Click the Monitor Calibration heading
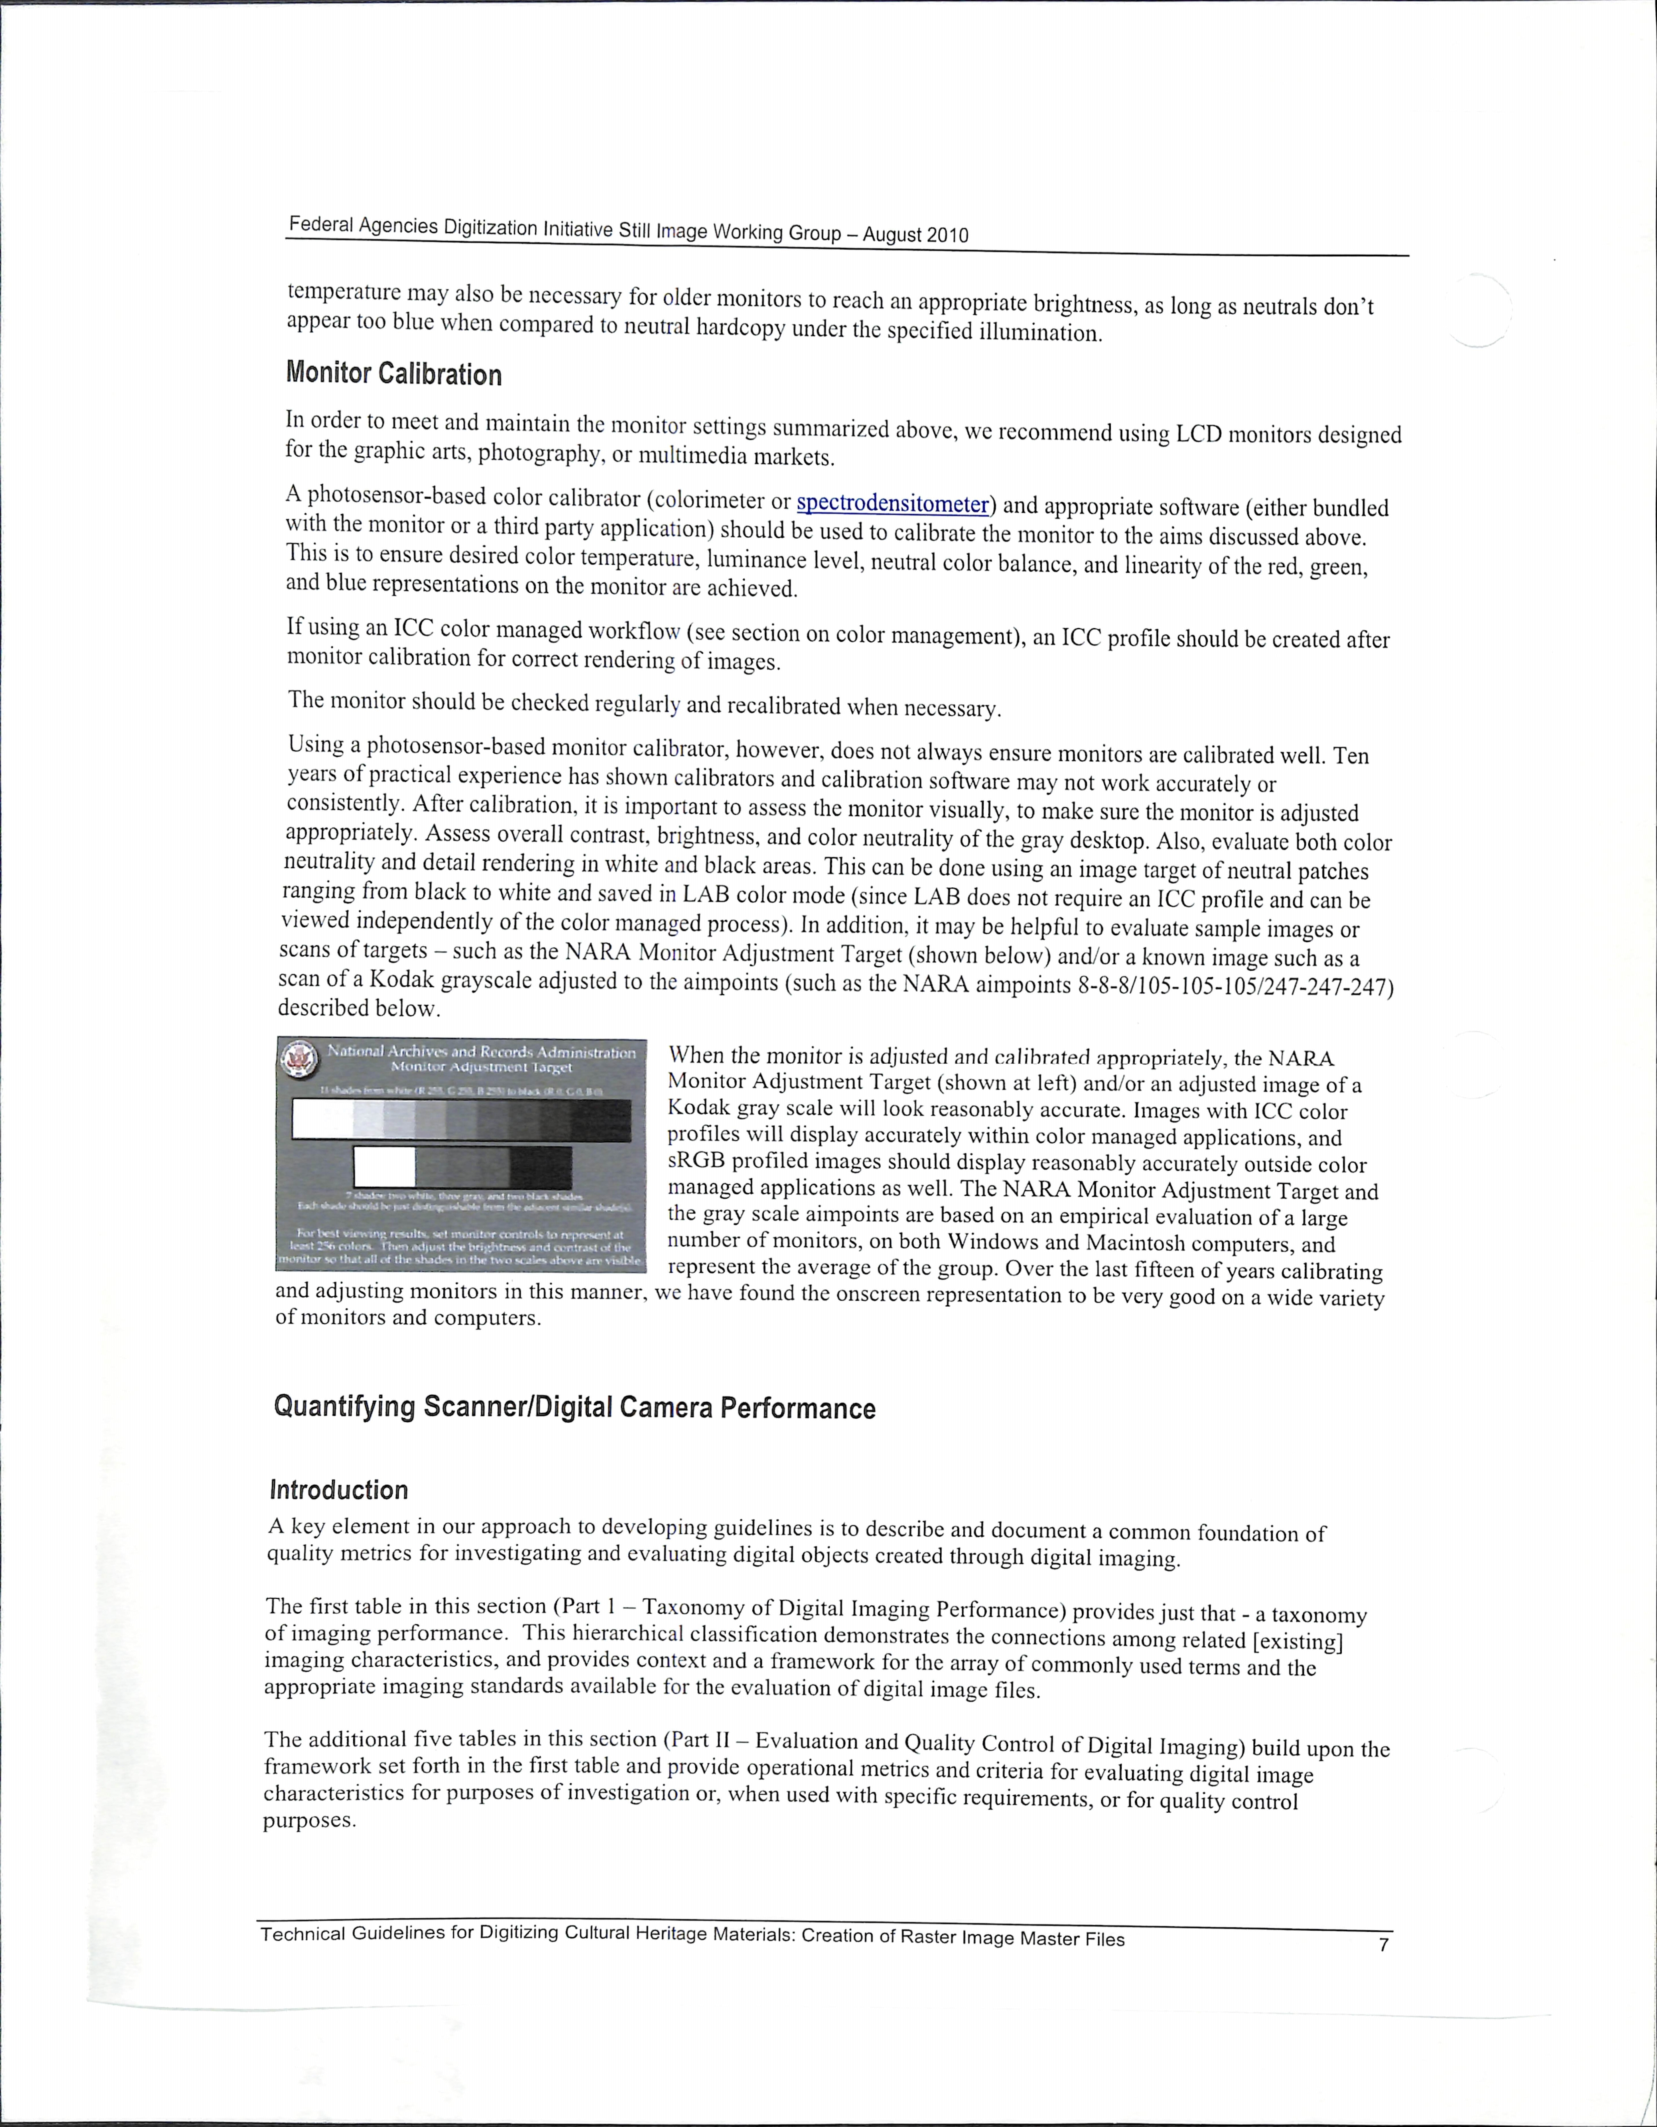[x=393, y=374]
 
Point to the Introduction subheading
[x=338, y=1490]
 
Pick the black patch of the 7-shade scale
[x=541, y=1167]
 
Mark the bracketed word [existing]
[x=1299, y=1642]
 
